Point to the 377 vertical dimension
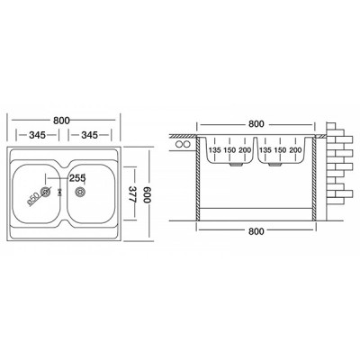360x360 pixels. coord(130,192)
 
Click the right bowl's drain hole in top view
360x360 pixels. coord(79,191)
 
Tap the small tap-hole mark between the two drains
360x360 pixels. coord(62,191)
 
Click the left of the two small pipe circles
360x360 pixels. coord(182,145)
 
